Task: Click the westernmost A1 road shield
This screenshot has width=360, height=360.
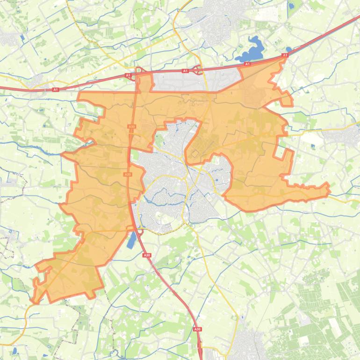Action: pos(55,89)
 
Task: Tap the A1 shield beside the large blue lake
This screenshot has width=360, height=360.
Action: pos(247,64)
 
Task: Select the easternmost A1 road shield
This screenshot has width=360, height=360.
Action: pos(285,55)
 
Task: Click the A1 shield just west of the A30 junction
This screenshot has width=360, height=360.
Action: pos(127,75)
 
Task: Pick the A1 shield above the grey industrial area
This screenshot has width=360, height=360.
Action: pos(185,71)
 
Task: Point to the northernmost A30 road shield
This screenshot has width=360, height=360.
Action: pos(131,126)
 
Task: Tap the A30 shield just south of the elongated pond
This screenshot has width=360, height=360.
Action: pos(147,255)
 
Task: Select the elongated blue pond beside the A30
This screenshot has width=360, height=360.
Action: pos(132,239)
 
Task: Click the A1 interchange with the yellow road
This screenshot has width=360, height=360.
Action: pos(199,71)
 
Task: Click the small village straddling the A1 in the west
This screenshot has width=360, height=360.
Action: pos(35,83)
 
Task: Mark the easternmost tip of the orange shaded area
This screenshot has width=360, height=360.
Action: pos(330,189)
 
